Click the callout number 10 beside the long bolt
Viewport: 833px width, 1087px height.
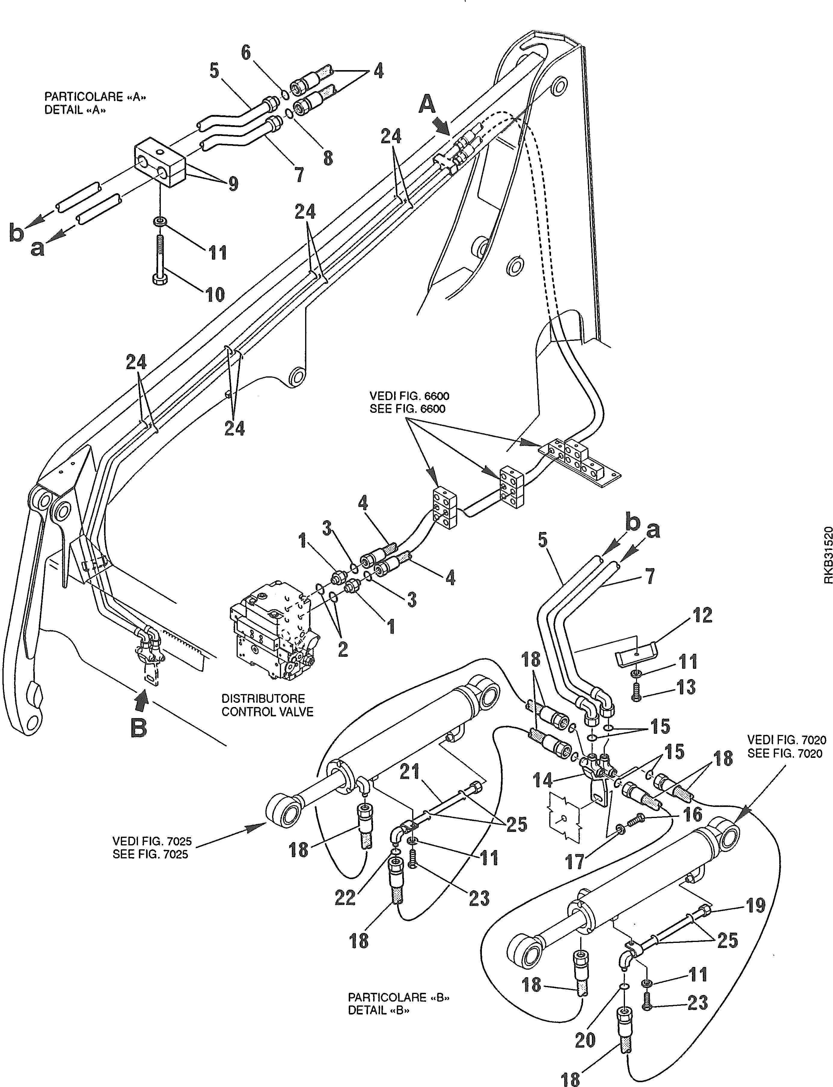point(215,295)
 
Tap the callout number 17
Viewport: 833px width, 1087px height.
point(576,862)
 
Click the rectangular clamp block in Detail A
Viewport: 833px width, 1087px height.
point(160,163)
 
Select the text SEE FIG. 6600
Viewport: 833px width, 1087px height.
point(408,409)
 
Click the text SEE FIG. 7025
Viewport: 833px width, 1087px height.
point(150,855)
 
